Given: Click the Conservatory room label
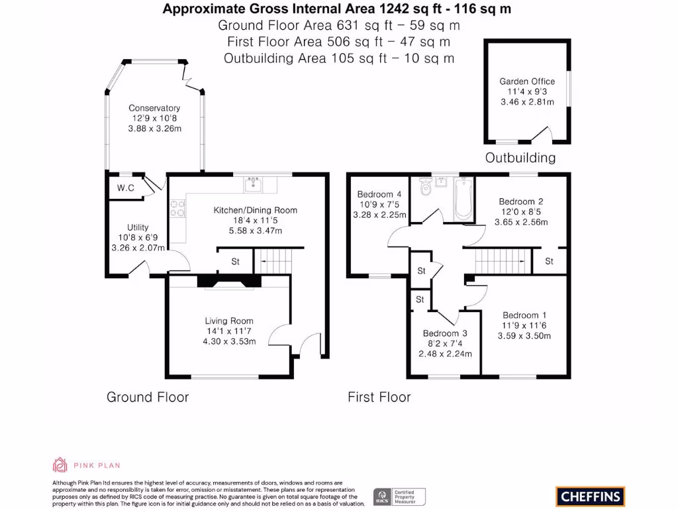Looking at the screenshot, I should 154,108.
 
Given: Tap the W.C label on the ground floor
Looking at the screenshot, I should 126,188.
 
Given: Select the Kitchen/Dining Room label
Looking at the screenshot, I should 255,210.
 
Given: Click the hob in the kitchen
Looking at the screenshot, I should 177,209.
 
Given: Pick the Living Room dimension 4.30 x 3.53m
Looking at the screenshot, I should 230,341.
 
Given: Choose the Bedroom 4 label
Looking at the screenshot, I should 375,194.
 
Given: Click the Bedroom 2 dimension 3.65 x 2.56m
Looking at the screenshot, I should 521,222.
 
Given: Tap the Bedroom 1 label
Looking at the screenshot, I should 524,315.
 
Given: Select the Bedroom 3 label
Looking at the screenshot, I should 445,333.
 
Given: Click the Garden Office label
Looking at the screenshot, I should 527,82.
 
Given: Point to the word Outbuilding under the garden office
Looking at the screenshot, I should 520,158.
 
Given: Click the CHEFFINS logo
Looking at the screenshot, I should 589,496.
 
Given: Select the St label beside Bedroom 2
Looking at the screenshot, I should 549,261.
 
